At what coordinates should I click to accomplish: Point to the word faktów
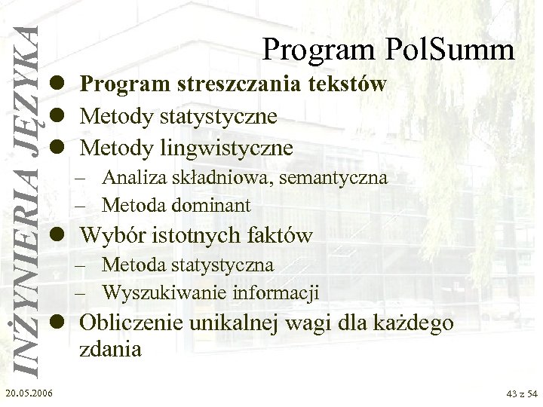tap(275, 236)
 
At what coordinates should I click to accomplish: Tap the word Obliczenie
tap(133, 323)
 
